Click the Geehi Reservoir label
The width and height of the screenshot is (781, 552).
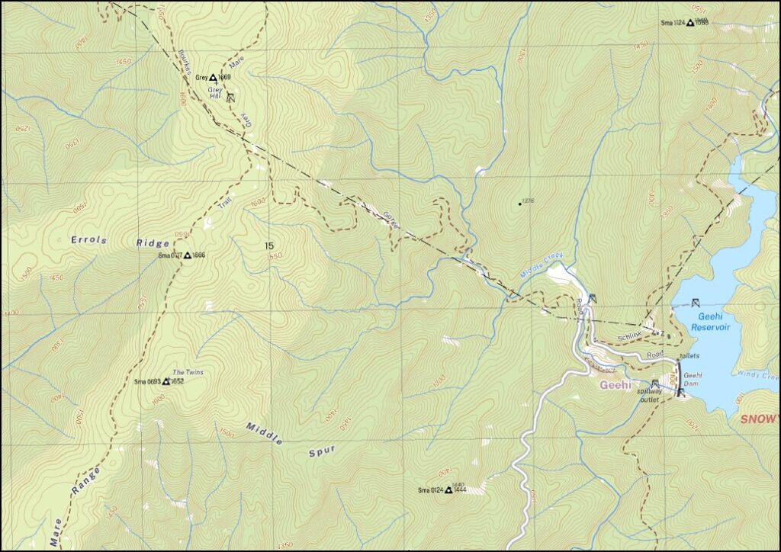pos(708,321)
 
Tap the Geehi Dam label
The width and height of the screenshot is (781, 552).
pos(693,379)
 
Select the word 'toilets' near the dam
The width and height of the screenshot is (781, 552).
pos(689,356)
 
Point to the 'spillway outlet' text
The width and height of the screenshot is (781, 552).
pos(648,395)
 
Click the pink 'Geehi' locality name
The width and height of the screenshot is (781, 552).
pos(615,385)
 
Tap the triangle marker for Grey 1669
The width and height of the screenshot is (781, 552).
pos(213,77)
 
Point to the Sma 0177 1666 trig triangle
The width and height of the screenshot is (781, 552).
pos(187,255)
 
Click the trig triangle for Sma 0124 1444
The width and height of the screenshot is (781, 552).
pos(448,490)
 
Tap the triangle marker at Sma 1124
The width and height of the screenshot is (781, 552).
pos(690,23)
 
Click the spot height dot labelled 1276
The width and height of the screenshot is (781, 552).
pos(519,204)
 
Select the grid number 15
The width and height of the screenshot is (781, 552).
pos(268,246)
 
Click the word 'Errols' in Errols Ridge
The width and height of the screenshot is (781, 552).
pos(88,240)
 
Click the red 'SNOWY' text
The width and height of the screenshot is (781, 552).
pos(759,419)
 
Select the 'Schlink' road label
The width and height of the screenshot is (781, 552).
pos(630,336)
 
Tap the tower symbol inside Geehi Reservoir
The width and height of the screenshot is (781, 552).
pos(695,303)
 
